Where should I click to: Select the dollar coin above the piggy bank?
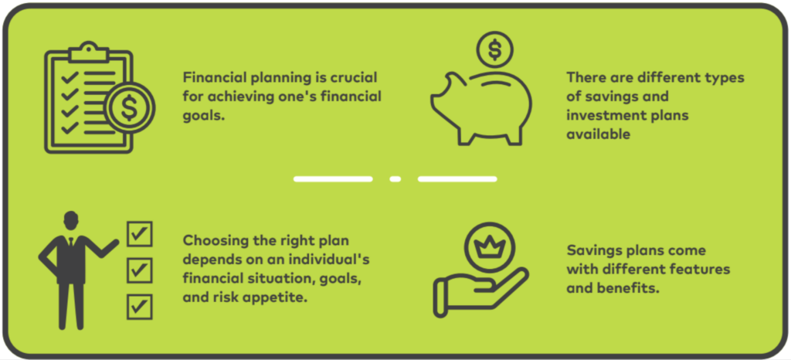click(494, 50)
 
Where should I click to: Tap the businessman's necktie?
click(71, 241)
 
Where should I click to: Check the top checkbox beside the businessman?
click(140, 234)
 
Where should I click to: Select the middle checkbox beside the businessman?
click(140, 270)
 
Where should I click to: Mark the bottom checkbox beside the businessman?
click(140, 307)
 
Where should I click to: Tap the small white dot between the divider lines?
click(395, 179)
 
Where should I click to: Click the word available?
click(599, 134)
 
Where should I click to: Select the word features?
click(698, 270)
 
